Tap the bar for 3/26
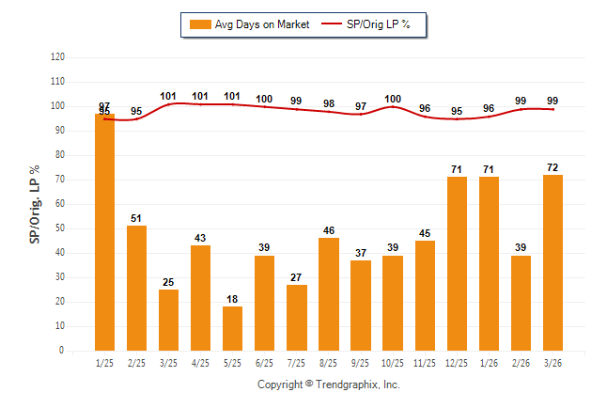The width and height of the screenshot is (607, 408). tap(553, 262)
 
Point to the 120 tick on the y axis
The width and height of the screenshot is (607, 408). tap(58, 57)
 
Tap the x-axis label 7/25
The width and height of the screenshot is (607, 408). tap(296, 362)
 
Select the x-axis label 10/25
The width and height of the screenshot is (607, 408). tap(393, 362)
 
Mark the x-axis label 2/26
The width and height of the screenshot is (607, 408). tap(521, 362)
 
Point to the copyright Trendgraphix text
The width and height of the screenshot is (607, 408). tap(329, 384)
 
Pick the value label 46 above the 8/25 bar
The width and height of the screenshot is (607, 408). tap(329, 229)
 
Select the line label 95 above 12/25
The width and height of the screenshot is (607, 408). tap(457, 111)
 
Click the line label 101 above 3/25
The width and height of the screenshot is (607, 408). tap(169, 96)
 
